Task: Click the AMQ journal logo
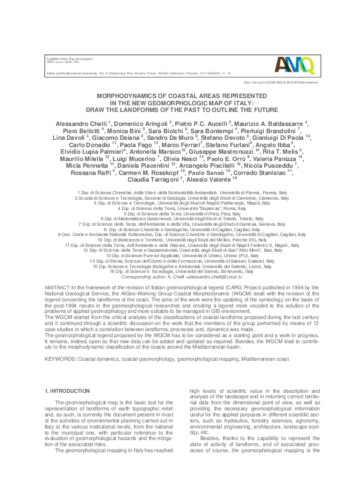coord(295,63)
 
